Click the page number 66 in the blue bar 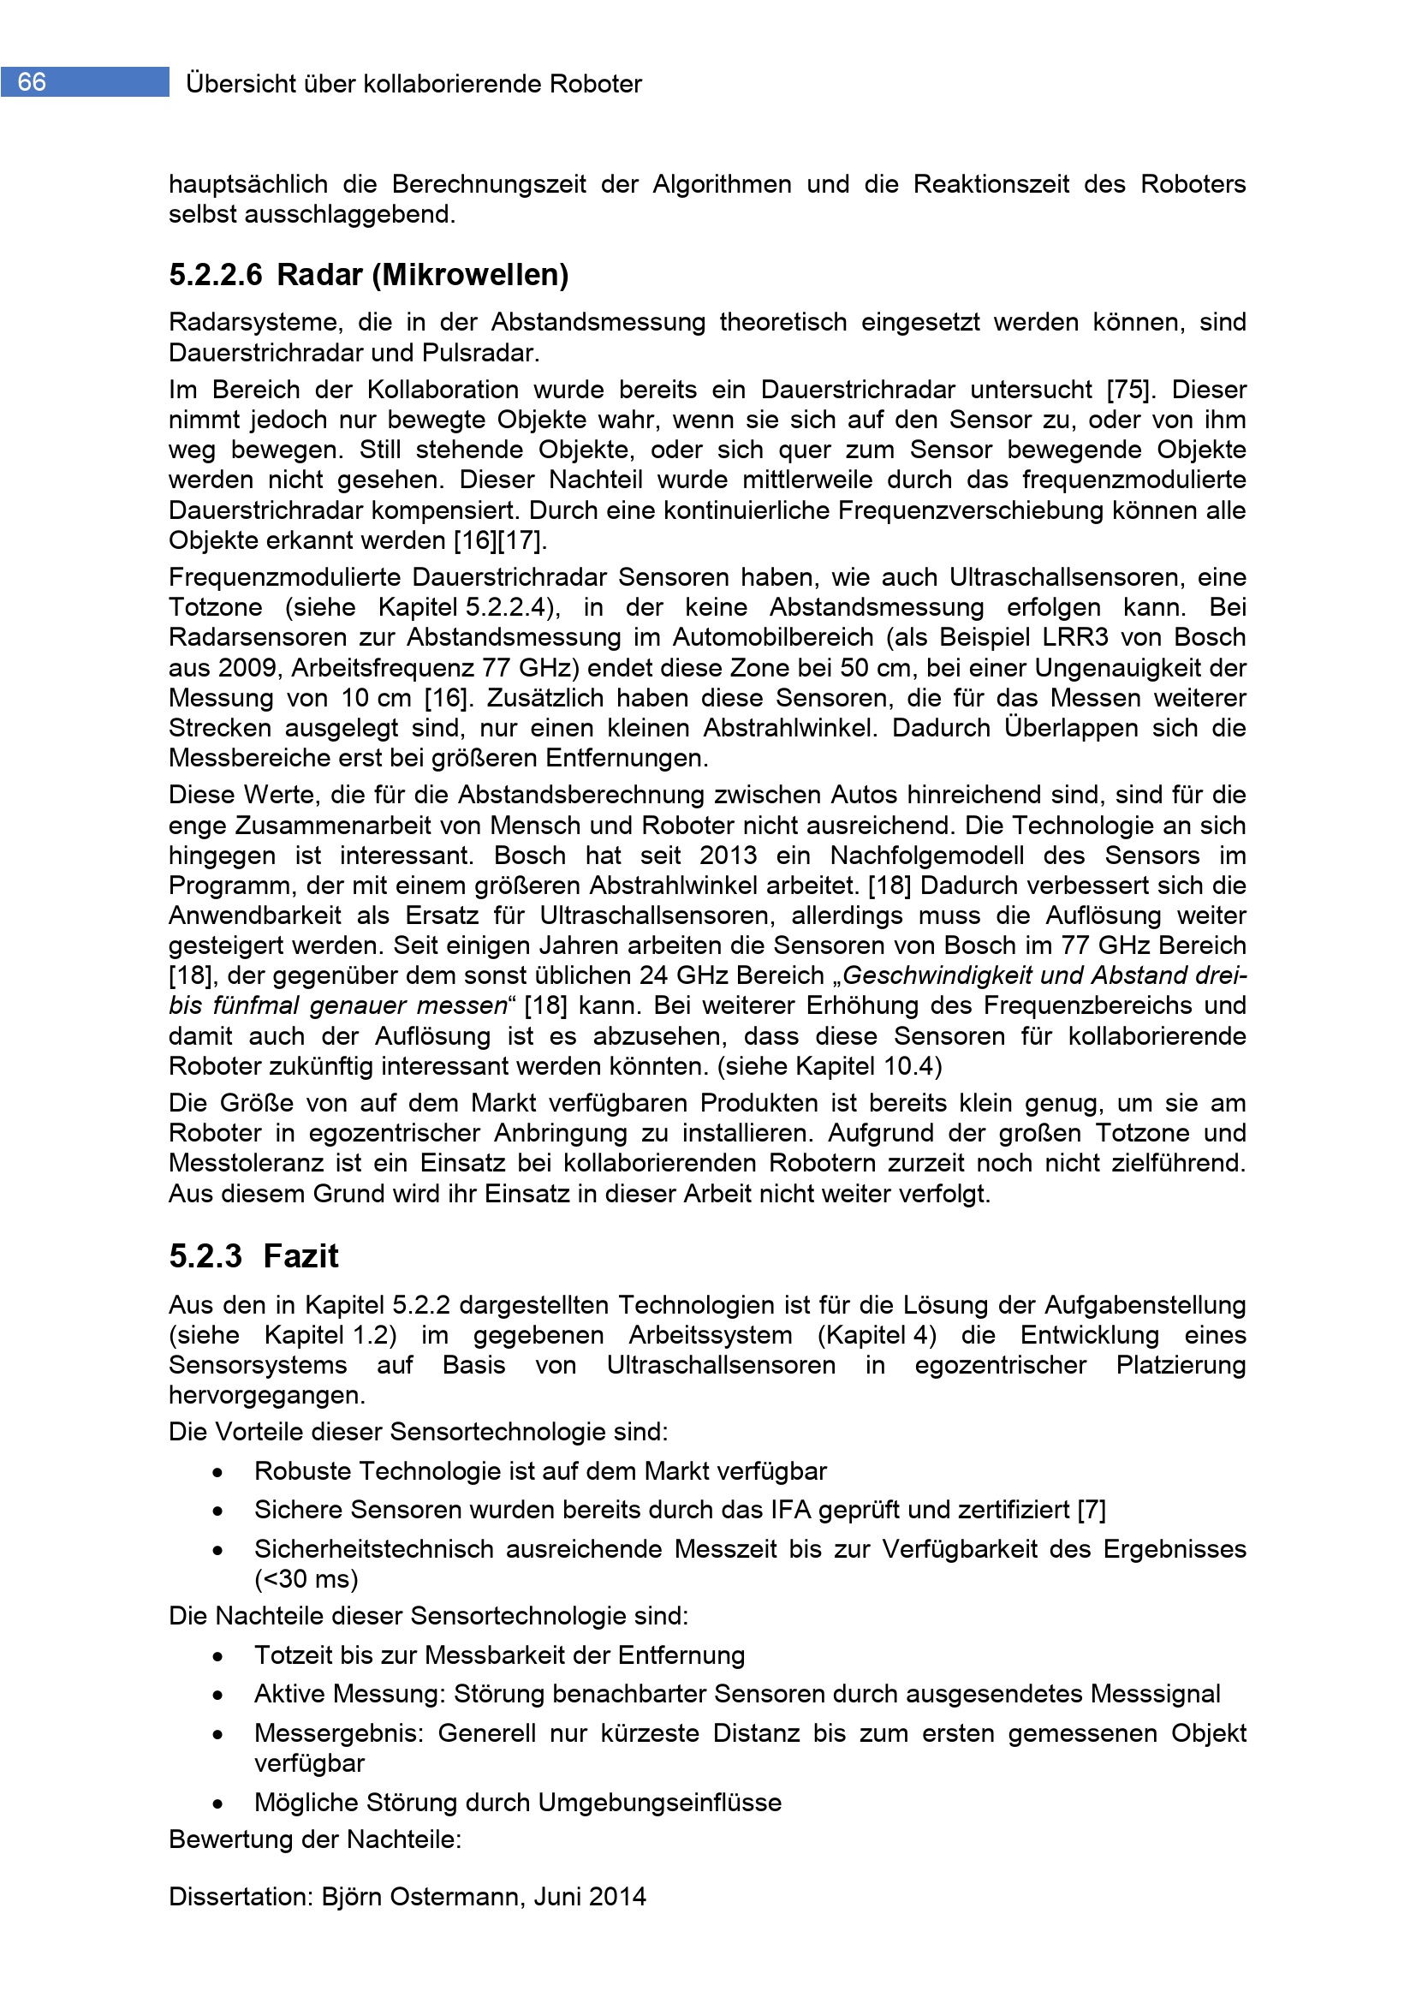point(32,82)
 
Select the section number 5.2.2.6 point(216,275)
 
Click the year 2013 point(728,855)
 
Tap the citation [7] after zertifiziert point(1092,1509)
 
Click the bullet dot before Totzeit point(217,1655)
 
